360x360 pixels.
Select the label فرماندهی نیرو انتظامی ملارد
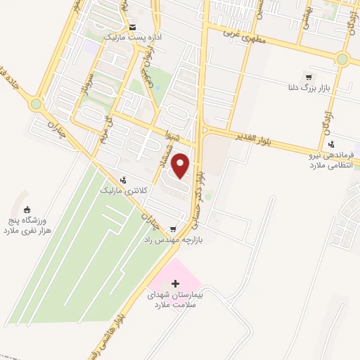319,160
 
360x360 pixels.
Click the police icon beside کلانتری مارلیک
124,180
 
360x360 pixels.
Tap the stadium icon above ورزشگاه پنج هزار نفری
27,210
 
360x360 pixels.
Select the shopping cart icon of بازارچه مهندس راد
173,229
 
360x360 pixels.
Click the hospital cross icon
175,283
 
